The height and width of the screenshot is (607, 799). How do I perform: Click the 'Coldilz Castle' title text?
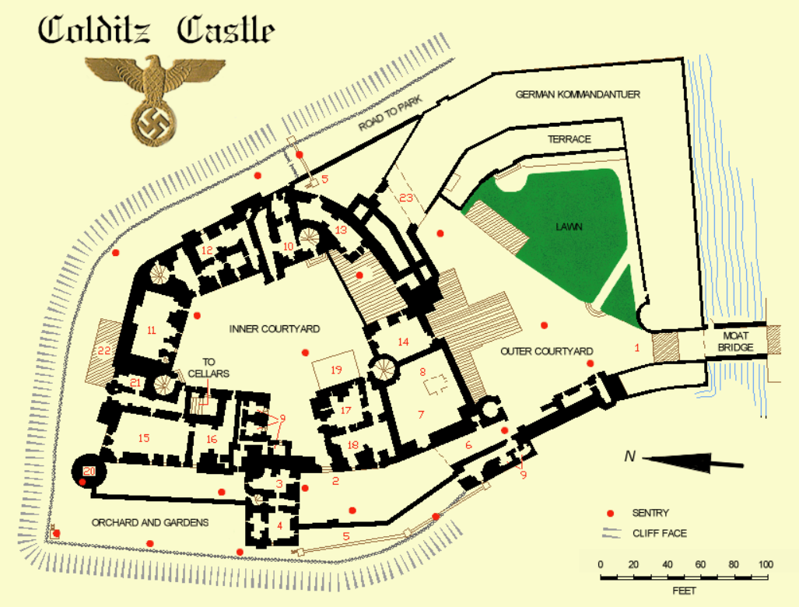(x=156, y=30)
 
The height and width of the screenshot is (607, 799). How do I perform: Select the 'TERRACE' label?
(x=569, y=139)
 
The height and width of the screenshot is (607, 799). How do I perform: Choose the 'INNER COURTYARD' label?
(x=275, y=328)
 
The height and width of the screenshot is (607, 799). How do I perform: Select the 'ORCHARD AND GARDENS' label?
(x=149, y=522)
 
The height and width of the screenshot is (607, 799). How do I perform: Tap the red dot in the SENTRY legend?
(x=610, y=513)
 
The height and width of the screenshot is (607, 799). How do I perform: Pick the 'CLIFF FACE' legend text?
(x=660, y=533)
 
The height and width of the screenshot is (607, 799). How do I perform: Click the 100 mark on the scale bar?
(x=766, y=563)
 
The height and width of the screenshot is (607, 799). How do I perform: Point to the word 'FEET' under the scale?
(x=684, y=591)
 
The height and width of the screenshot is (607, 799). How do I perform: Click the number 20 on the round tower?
(x=89, y=471)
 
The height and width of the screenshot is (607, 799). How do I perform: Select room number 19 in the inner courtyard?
(x=336, y=370)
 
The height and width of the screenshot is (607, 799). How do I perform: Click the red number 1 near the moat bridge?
(x=636, y=348)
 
